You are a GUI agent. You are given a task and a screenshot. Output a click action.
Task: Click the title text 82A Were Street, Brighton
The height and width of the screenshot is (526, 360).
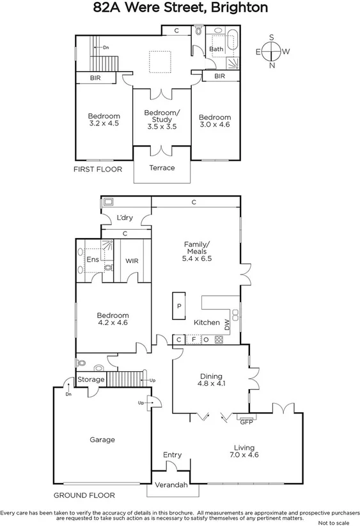(x=180, y=8)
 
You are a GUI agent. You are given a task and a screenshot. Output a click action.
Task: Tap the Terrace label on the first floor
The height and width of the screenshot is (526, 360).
(x=162, y=168)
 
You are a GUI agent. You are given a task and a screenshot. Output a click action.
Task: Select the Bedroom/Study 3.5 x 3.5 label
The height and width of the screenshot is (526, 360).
(x=162, y=120)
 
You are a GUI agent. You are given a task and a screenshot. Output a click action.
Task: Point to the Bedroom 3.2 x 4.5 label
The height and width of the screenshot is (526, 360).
(x=104, y=120)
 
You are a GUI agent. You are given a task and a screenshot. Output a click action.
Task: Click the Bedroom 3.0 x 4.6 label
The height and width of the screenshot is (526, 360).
(x=214, y=122)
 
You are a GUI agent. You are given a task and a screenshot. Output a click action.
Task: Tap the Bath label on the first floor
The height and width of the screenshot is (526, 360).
(x=217, y=49)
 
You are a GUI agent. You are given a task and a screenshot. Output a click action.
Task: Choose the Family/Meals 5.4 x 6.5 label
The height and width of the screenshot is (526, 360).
(x=197, y=251)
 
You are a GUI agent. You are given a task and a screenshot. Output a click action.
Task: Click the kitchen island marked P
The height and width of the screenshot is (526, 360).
(x=179, y=306)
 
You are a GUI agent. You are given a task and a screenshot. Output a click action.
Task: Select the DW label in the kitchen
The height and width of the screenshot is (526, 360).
(x=227, y=324)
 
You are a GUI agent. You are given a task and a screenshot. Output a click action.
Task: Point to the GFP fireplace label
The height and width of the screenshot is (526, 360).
(x=246, y=422)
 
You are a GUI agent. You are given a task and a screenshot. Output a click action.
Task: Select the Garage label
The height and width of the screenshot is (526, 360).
(x=102, y=440)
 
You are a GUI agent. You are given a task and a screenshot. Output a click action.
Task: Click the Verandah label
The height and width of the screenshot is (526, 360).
(x=172, y=485)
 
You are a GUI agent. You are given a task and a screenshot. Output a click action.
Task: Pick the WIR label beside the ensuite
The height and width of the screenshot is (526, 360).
(x=132, y=261)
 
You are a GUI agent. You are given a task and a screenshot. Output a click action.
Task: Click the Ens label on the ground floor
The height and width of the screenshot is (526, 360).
(x=92, y=260)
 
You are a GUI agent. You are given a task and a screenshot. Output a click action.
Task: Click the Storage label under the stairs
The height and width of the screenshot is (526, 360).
(x=90, y=379)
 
